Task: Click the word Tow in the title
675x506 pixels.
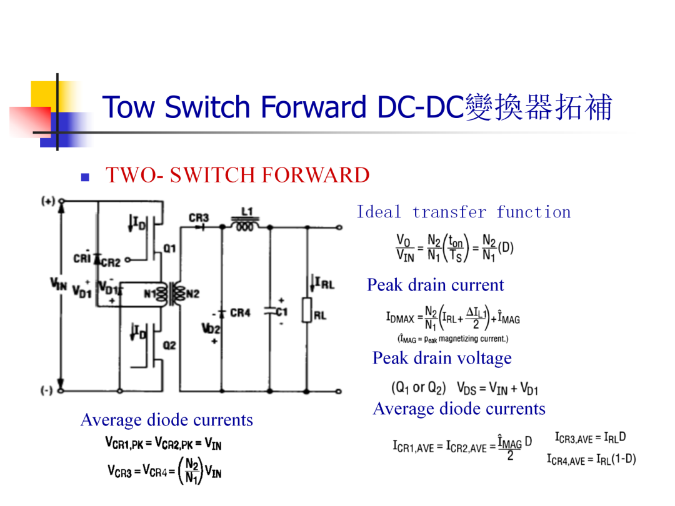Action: click(129, 107)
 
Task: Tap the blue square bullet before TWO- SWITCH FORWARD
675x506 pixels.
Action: click(85, 177)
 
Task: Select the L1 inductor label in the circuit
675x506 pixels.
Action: click(247, 211)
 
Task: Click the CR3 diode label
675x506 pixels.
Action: click(199, 218)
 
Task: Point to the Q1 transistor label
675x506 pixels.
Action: click(169, 248)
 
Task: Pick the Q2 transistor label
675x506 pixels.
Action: click(169, 345)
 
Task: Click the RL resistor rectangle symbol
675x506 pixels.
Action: click(306, 310)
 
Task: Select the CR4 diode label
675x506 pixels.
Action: click(240, 312)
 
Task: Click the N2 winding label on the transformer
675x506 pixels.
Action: click(193, 294)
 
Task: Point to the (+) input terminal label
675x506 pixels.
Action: click(47, 201)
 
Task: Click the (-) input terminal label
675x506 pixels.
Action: click(46, 390)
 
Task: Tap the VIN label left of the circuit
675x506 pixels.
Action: click(59, 284)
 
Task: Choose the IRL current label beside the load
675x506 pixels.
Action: click(324, 283)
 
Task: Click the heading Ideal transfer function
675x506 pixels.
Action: click(464, 212)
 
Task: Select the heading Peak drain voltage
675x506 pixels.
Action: click(442, 358)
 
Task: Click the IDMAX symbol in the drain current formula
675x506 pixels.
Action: click(401, 319)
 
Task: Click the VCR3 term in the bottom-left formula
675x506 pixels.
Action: click(119, 472)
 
